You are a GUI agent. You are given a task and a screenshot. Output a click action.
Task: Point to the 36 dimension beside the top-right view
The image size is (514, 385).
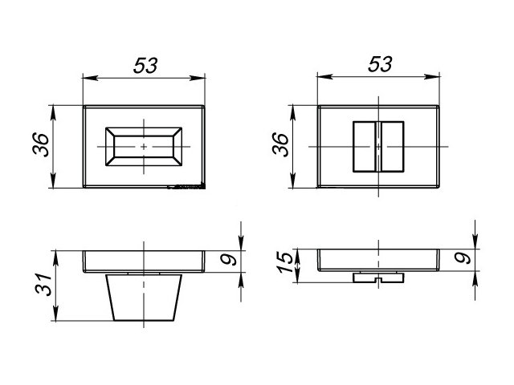pos(280,146)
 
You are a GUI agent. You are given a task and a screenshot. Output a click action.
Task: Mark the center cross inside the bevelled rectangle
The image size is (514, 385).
pos(144,148)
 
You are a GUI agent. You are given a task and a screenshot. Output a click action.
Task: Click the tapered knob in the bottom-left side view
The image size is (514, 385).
pos(144,297)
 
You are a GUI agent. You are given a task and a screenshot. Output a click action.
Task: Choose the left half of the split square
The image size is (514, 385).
pos(365,147)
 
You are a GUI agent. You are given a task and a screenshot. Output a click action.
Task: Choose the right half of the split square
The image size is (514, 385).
pos(391,147)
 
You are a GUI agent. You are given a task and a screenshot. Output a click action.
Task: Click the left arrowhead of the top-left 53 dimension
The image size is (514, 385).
pos(87,78)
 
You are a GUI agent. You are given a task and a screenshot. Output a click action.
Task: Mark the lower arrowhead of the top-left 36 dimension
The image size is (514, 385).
pos(55,185)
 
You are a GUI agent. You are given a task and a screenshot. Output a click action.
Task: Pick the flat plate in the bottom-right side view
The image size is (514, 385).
pos(378,261)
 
